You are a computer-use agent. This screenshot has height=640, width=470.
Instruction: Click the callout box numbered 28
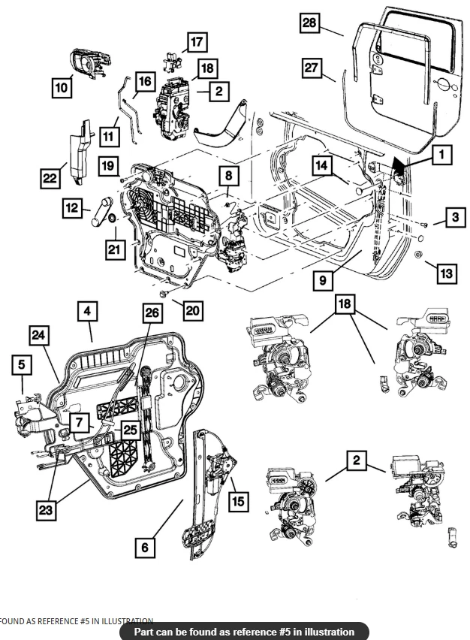tap(309, 23)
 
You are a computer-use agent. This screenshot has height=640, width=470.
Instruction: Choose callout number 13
tap(446, 273)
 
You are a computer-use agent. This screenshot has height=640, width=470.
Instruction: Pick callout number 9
tap(322, 280)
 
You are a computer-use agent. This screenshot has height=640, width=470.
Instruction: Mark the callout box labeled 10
tap(62, 88)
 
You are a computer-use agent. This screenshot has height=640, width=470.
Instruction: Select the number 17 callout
tap(197, 43)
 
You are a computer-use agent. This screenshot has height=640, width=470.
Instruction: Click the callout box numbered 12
tap(71, 208)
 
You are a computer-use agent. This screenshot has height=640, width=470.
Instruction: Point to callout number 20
tap(193, 309)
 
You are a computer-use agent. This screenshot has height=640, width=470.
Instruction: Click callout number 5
tap(22, 365)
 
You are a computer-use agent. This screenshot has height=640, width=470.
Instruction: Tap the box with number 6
tap(145, 547)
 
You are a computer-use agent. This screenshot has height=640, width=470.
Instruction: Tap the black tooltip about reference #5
tap(244, 632)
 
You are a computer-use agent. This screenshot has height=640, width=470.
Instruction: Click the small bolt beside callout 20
tap(163, 293)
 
